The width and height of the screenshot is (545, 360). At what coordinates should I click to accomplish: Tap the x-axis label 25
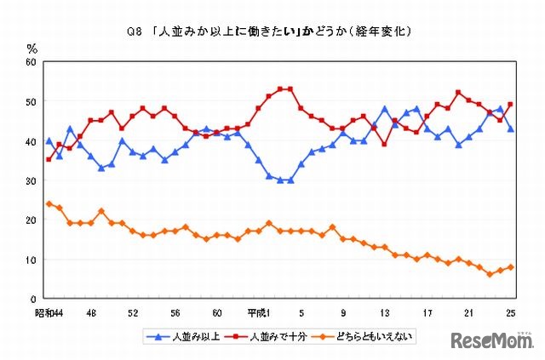(508, 311)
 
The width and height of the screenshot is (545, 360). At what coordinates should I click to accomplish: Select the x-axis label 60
(217, 311)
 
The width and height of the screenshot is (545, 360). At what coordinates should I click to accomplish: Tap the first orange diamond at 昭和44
(49, 204)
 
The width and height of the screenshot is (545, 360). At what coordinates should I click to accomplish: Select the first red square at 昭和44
(49, 160)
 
